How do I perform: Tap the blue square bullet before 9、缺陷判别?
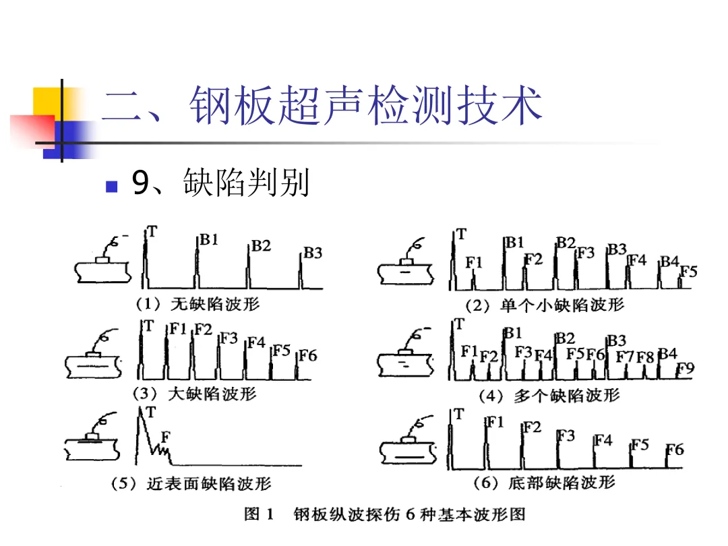tap(113, 184)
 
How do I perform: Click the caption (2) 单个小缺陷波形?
tap(545, 305)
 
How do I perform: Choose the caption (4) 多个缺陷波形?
tap(548, 396)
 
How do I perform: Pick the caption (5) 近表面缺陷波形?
tap(191, 483)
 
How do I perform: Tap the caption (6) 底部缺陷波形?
tap(546, 483)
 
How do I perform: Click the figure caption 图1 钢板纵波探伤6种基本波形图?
tap(384, 516)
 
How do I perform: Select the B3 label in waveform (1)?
tap(313, 253)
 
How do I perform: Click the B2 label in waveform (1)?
tap(261, 246)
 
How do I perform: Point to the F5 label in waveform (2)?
tap(688, 272)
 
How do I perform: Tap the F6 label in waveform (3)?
tap(307, 355)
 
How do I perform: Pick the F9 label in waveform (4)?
tap(685, 369)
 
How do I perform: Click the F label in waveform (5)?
tap(165, 437)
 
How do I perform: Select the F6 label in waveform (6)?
tap(675, 450)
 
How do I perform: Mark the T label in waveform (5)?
tap(151, 412)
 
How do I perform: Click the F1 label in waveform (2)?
tap(475, 262)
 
